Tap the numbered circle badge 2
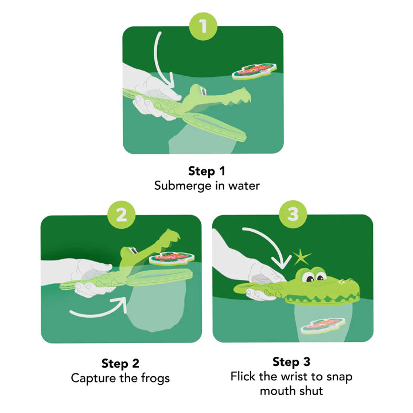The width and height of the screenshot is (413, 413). click(121, 215)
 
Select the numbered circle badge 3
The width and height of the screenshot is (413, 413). click(293, 215)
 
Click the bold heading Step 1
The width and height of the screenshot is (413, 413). click(206, 171)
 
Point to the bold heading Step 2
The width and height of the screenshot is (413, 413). click(120, 363)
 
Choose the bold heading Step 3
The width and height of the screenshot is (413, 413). click(291, 362)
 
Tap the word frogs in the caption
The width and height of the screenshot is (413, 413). click(153, 378)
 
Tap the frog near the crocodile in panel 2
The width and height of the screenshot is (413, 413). click(170, 258)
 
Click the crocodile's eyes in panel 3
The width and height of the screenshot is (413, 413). click(313, 276)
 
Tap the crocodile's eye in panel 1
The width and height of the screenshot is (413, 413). click(198, 89)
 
